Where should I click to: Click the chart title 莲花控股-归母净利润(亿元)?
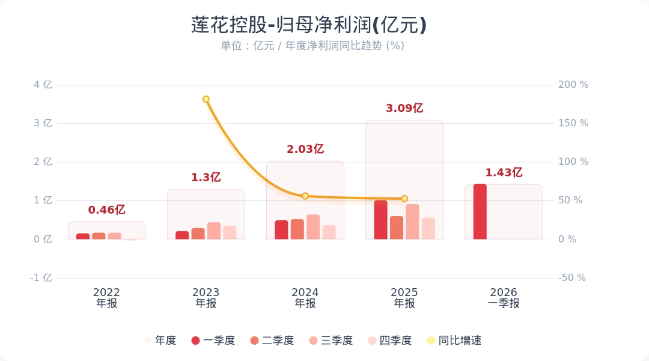point(309,25)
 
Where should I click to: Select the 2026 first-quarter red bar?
point(480,212)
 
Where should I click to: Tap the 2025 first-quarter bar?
point(380,220)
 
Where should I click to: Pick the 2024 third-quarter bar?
point(313,227)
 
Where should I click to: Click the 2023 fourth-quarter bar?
point(230,232)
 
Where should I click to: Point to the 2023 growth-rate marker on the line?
point(206,99)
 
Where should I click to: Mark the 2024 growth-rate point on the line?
point(305,196)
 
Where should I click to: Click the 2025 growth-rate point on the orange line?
point(404,199)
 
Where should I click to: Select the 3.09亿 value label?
point(404,108)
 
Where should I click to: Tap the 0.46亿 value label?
point(106,210)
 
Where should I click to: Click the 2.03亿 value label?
point(305,149)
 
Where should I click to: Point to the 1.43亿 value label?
point(504,173)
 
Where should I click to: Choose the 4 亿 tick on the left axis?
point(43,85)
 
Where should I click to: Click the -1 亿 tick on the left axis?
point(41,278)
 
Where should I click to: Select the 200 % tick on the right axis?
point(573,85)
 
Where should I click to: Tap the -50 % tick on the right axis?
point(572,278)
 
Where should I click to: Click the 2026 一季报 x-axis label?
point(504,298)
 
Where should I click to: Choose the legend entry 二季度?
point(272,341)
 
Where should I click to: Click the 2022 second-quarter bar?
point(99,236)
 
